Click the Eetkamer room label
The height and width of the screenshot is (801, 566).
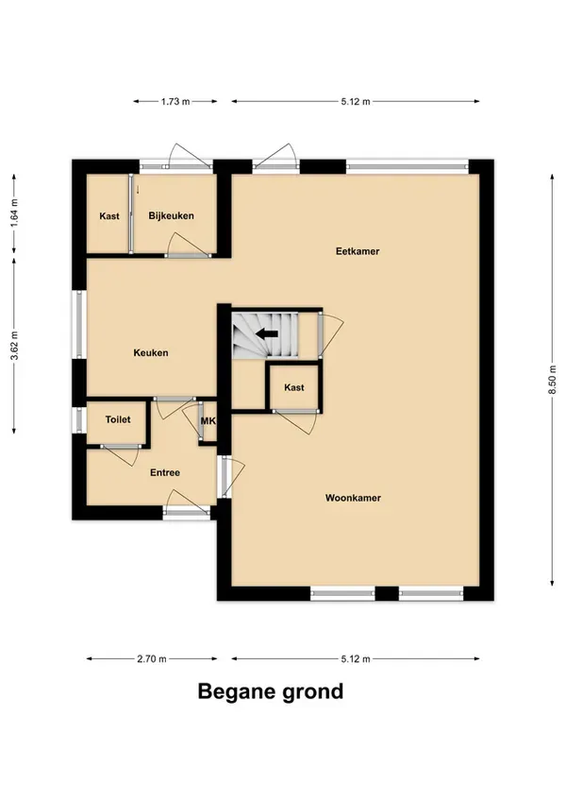pyautogui.click(x=358, y=251)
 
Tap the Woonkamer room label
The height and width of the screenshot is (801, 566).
pyautogui.click(x=353, y=498)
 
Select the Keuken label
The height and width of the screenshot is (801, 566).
pyautogui.click(x=151, y=353)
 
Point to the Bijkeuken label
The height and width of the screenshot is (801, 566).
pyautogui.click(x=171, y=216)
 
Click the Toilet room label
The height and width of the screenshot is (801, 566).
pyautogui.click(x=118, y=420)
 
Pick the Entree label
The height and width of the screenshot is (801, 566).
pyautogui.click(x=165, y=473)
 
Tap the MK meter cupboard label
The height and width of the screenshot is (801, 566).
pyautogui.click(x=208, y=421)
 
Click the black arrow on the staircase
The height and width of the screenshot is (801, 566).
pyautogui.click(x=267, y=334)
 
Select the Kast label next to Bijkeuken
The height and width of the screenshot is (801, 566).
pyautogui.click(x=109, y=216)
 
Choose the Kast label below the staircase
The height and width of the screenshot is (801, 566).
pyautogui.click(x=294, y=387)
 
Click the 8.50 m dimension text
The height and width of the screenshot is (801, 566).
pyautogui.click(x=552, y=380)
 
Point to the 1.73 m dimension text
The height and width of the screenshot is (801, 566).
pyautogui.click(x=175, y=102)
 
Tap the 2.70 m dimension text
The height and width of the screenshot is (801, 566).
pyautogui.click(x=152, y=659)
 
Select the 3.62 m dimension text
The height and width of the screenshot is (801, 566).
pyautogui.click(x=14, y=346)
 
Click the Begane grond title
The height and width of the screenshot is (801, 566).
pyautogui.click(x=271, y=691)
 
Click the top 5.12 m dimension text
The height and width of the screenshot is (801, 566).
pyautogui.click(x=356, y=102)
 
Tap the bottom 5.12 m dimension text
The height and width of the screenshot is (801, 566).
pyautogui.click(x=356, y=659)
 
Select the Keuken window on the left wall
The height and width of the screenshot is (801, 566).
pyautogui.click(x=79, y=324)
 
